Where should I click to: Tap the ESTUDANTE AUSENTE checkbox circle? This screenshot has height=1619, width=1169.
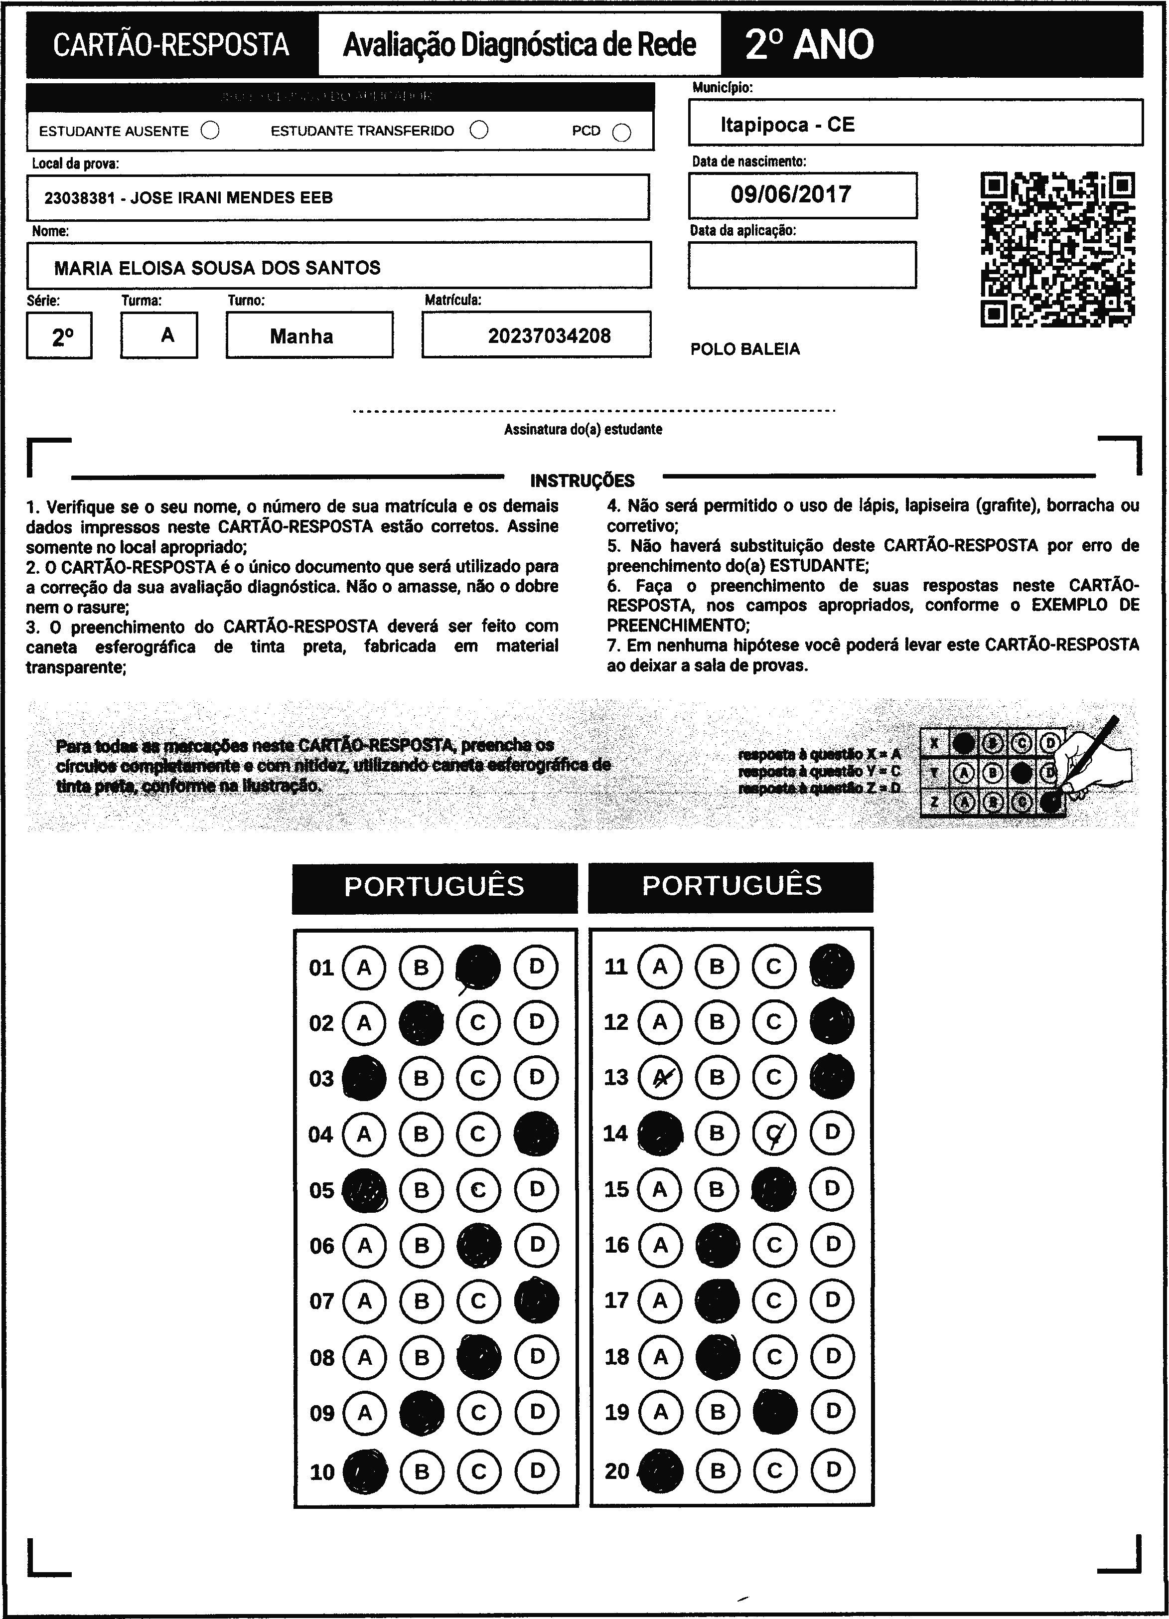[x=210, y=131]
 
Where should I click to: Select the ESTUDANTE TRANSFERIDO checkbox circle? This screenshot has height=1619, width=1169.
[x=479, y=130]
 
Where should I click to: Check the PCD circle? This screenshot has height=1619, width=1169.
[x=621, y=133]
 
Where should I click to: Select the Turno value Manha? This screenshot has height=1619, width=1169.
[x=301, y=336]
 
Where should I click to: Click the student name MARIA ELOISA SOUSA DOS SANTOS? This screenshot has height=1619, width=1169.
[x=217, y=268]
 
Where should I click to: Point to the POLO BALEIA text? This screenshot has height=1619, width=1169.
[x=744, y=349]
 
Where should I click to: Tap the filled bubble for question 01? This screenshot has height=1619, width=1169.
[x=478, y=967]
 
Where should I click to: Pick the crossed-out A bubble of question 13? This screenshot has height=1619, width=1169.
[x=660, y=1077]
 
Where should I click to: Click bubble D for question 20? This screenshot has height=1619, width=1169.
[x=832, y=1470]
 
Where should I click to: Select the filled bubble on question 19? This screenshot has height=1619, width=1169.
[x=775, y=1411]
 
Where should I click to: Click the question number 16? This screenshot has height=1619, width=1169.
[x=616, y=1244]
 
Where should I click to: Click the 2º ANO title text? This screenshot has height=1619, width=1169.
[x=809, y=44]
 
